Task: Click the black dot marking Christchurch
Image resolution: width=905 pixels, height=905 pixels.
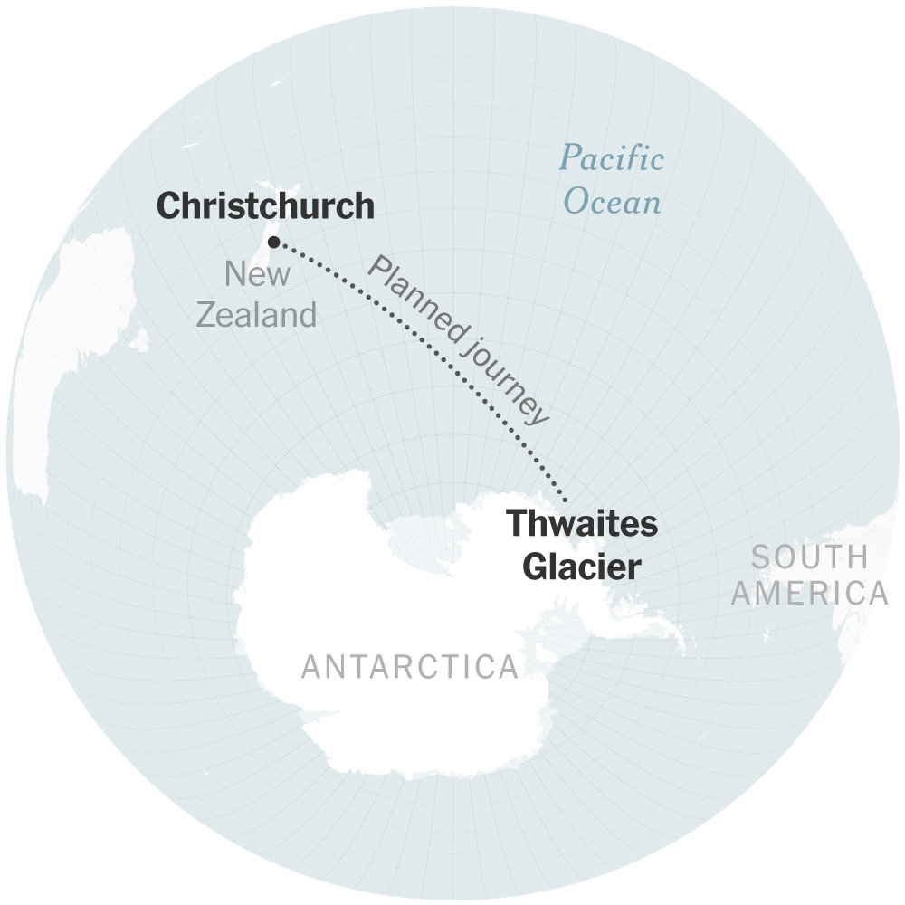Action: (x=274, y=242)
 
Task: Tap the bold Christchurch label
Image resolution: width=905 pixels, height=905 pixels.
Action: (x=265, y=206)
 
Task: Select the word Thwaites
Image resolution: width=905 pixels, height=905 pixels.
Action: (x=581, y=524)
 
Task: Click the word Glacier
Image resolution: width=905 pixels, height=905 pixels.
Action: (x=583, y=567)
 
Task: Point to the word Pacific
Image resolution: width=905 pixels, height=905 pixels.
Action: (x=612, y=161)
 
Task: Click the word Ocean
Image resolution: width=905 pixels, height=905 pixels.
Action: (x=612, y=201)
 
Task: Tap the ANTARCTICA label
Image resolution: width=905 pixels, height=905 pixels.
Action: (x=410, y=667)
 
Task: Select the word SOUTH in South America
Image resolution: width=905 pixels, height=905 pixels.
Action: (x=809, y=557)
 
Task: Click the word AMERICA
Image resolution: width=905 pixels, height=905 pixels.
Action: (x=809, y=594)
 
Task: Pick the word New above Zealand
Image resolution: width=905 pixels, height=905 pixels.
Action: (x=257, y=273)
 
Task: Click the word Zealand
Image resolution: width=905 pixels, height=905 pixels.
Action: (x=257, y=315)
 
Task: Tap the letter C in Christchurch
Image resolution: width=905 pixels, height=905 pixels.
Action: (x=168, y=206)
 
